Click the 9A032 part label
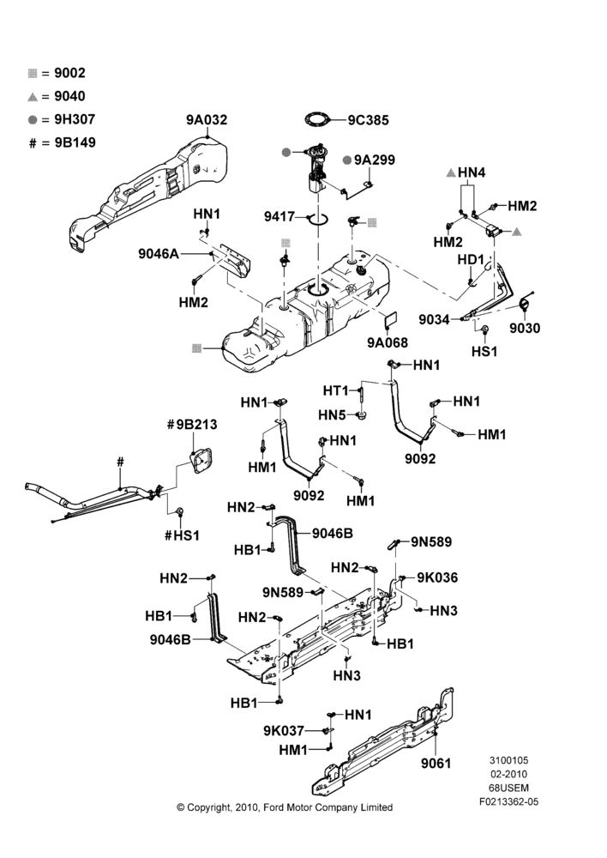click(207, 120)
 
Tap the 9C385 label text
click(368, 120)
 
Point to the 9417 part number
click(279, 217)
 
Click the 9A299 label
click(374, 160)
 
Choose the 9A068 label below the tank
click(388, 342)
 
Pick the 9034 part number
click(434, 319)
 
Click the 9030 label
click(525, 328)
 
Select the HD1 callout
click(471, 259)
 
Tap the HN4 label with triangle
click(466, 173)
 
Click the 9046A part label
click(159, 254)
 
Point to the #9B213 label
click(192, 425)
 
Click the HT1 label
click(336, 390)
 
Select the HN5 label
click(333, 416)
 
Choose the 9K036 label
click(437, 577)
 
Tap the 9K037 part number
click(284, 730)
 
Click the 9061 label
click(436, 763)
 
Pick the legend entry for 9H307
click(62, 119)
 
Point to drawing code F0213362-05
click(508, 802)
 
